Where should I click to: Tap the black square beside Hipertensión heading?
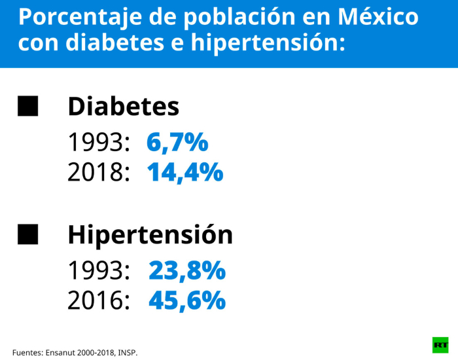tap(27, 234)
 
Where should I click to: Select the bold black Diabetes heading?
tap(123, 107)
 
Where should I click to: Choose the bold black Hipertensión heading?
tap(150, 235)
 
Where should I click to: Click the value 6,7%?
tap(177, 142)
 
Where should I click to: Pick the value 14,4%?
tap(185, 172)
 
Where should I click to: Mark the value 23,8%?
tap(187, 270)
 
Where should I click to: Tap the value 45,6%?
tap(187, 300)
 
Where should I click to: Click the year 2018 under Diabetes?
tap(96, 173)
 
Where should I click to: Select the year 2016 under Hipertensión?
tap(96, 300)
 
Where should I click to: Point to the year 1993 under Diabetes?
tap(96, 142)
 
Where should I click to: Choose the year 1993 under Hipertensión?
tap(96, 270)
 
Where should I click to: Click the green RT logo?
tap(440, 344)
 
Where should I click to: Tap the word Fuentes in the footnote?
tap(27, 352)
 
